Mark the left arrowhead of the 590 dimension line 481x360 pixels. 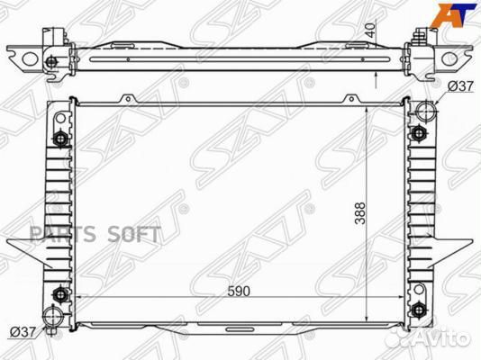(77, 297)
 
